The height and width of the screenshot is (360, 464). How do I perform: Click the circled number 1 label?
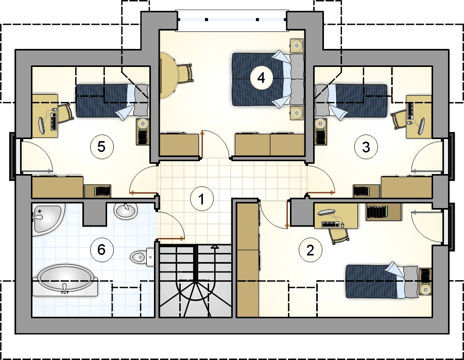[x=201, y=198]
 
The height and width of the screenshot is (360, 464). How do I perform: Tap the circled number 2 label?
[x=310, y=250]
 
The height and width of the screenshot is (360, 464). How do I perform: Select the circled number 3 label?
[x=366, y=147]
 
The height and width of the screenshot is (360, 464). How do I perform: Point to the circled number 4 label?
[x=261, y=78]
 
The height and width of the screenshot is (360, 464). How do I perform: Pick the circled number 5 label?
[x=101, y=147]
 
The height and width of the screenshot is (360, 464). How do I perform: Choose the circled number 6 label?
[x=101, y=250]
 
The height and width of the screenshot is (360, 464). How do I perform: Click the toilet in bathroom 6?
[x=142, y=256]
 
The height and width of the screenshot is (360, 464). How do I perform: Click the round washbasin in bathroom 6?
[x=126, y=210]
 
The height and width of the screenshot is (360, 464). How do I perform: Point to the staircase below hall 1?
[x=196, y=281]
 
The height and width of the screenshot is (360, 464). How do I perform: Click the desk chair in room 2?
[x=338, y=233]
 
